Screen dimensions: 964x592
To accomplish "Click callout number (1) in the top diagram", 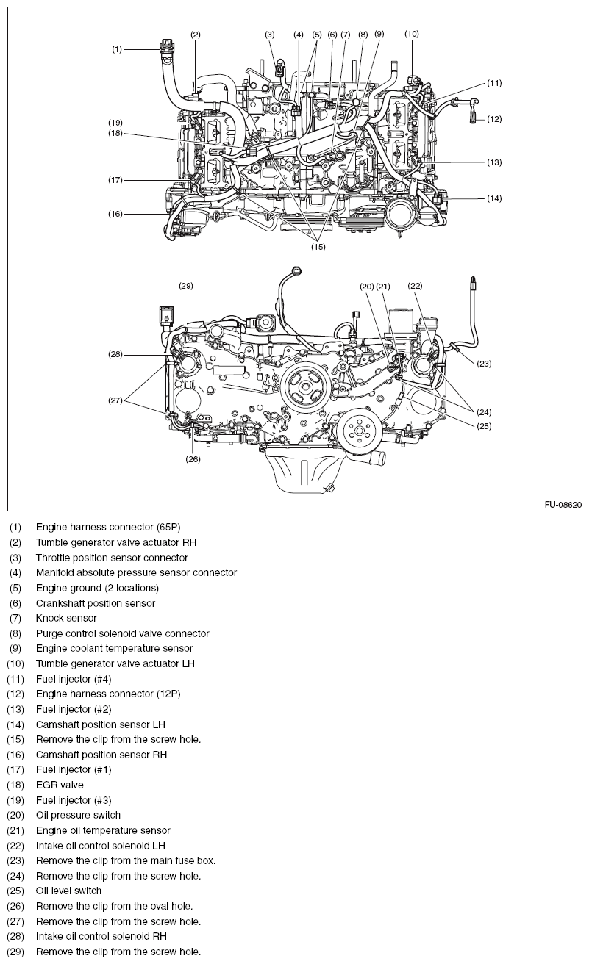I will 116,49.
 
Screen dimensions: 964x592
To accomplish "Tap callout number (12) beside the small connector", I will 494,118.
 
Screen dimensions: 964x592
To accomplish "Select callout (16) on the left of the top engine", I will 116,214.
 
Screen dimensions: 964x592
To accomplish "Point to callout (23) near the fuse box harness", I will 485,363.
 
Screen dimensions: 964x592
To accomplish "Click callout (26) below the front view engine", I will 193,459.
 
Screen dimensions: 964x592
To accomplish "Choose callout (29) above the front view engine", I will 186,285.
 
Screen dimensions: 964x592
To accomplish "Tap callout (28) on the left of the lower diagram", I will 116,355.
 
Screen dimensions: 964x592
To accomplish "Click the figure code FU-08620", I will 563,505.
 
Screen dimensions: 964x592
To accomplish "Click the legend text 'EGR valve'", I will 59,785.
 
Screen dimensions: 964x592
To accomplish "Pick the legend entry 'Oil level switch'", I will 68,891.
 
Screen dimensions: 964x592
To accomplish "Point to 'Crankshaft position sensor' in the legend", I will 95,603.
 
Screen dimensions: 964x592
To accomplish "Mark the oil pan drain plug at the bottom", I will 330,489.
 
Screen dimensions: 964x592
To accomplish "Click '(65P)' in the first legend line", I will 166,527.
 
